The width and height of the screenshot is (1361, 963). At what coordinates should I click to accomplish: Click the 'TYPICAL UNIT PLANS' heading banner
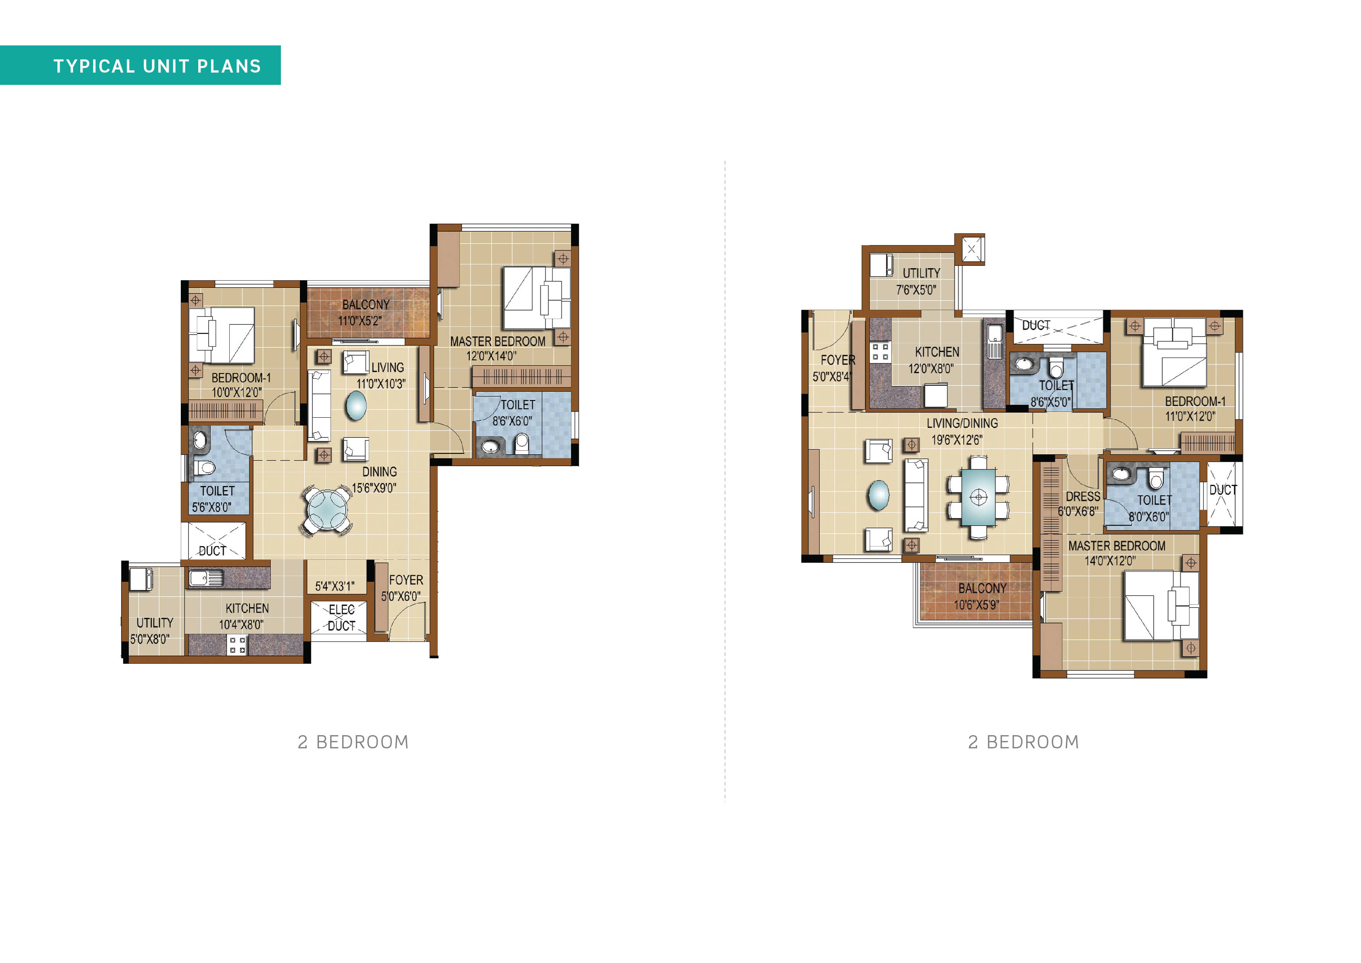140,65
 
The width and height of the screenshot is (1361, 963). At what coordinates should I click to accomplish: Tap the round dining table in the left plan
327,509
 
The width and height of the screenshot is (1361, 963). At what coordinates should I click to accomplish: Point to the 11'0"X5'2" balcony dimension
360,321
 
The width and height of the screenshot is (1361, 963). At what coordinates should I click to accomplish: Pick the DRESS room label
1083,496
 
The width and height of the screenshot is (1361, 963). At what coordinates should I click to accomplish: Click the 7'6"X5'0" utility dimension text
916,290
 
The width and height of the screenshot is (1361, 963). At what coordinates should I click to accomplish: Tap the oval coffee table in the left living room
356,406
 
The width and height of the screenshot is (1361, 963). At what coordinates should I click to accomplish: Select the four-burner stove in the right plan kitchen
880,352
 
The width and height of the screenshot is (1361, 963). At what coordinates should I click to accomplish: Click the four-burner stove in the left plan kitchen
238,645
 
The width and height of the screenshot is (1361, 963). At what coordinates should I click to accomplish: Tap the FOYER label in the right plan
838,360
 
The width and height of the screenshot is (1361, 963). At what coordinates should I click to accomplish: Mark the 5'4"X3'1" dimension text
335,586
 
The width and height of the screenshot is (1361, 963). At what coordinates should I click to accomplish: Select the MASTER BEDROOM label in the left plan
497,342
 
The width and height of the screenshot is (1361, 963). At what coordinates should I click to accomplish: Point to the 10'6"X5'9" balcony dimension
976,605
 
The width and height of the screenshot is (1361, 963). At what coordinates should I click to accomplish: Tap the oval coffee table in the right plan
878,495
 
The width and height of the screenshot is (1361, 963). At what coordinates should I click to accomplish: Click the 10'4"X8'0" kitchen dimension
241,625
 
